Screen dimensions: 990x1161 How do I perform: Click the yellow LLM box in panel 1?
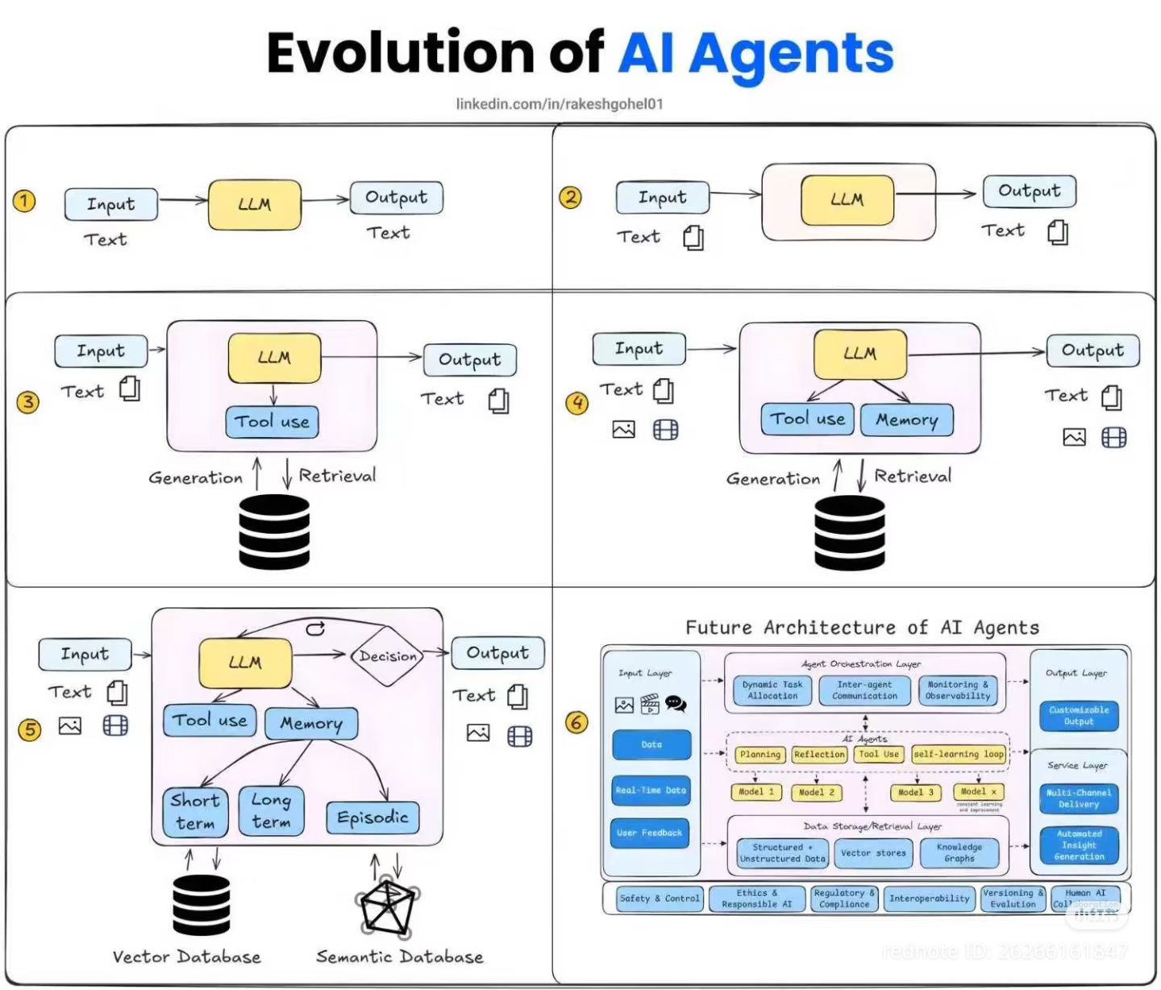point(254,205)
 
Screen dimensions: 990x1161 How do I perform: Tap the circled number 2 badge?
point(571,198)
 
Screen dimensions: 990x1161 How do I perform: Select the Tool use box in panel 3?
point(272,422)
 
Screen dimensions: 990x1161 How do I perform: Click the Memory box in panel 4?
point(907,420)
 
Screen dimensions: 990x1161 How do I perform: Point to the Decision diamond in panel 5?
point(388,656)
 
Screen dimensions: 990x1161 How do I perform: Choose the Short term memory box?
point(194,811)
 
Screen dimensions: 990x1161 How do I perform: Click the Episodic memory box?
point(372,817)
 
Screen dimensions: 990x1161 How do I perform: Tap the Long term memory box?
point(271,811)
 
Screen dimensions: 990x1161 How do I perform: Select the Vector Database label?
point(186,957)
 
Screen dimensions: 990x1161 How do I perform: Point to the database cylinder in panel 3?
point(274,532)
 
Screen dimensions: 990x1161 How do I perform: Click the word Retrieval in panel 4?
point(913,476)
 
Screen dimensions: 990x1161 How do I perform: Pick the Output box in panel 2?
point(1030,191)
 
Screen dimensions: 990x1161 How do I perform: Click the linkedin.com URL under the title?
point(560,104)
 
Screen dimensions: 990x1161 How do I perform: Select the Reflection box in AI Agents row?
point(819,755)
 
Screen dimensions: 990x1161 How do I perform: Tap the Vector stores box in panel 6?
point(873,853)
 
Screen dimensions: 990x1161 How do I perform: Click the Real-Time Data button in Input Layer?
point(651,791)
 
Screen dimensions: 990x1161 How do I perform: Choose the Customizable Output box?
point(1079,716)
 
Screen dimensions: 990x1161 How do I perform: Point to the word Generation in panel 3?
point(195,478)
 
